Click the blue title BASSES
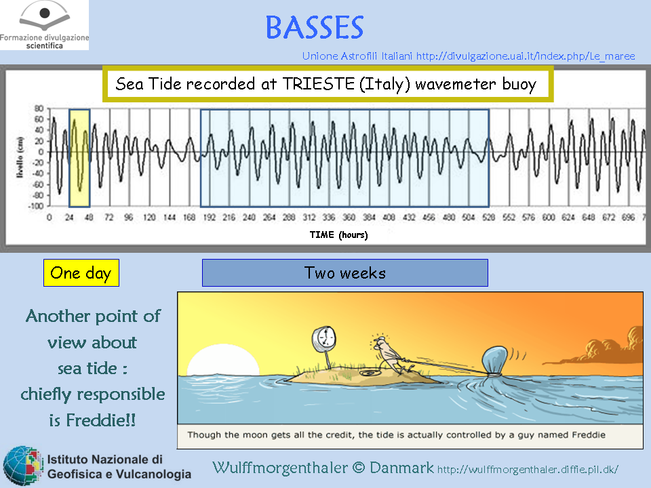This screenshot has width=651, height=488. (314, 27)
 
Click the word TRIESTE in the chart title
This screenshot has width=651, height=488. (319, 84)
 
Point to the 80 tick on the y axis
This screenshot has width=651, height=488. (39, 108)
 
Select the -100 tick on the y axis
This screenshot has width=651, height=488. (36, 206)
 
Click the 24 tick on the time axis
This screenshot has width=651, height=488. (69, 217)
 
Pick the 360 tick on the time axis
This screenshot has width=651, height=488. (349, 217)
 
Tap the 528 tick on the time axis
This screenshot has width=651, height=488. (489, 217)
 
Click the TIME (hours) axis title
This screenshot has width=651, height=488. (338, 235)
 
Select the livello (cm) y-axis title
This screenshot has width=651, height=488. (20, 157)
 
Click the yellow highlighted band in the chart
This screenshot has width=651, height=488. (79, 158)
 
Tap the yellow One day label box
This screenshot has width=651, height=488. (81, 272)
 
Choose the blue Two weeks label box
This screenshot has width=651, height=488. (345, 272)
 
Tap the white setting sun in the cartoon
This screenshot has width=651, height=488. (223, 360)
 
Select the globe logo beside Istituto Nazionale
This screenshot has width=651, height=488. (23, 465)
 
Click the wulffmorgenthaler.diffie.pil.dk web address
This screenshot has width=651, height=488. (528, 469)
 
